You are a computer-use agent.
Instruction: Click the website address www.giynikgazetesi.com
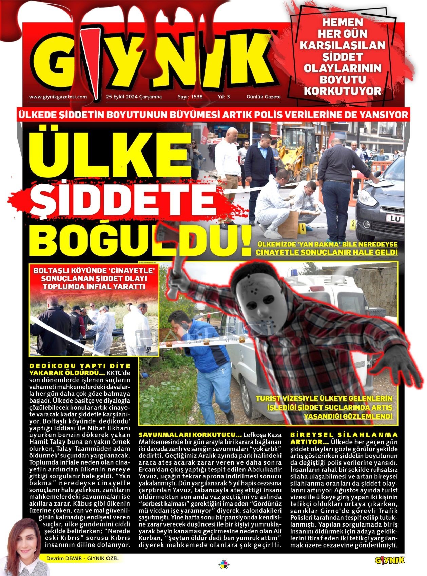[x=58, y=97]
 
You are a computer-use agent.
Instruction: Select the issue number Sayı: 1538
[x=190, y=97]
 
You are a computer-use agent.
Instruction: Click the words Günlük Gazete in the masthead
[x=264, y=97]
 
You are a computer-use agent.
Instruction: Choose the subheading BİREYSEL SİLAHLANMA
[x=344, y=435]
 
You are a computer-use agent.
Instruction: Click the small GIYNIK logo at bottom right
[x=390, y=560]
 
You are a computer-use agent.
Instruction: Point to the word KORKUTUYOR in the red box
[x=343, y=91]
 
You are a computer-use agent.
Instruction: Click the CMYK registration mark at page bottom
[x=224, y=565]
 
